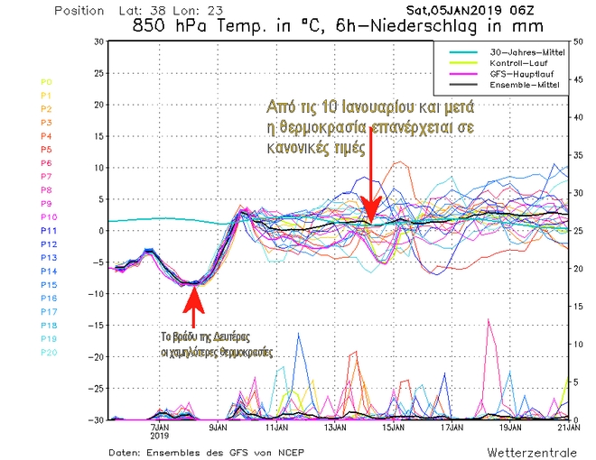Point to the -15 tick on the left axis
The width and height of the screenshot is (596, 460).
[x=91, y=326]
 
